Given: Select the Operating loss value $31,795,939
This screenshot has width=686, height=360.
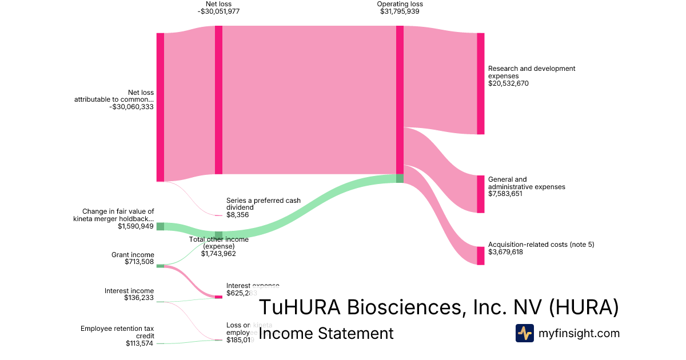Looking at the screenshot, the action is [400, 11].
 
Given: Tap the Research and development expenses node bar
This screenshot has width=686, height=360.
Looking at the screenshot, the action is [480, 83].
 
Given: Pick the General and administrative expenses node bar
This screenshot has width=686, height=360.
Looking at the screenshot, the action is [480, 194].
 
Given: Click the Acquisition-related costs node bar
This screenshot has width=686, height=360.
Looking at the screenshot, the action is [480, 255].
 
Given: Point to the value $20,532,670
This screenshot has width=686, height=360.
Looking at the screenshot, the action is [509, 83].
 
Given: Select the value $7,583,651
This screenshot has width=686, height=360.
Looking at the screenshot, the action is [505, 194].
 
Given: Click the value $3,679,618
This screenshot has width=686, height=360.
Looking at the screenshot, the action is [505, 252].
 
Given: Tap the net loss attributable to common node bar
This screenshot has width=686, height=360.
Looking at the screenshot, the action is [160, 107].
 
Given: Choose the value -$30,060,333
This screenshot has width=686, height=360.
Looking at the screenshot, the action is [131, 107].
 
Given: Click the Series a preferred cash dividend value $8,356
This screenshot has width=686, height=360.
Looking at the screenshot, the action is [237, 215].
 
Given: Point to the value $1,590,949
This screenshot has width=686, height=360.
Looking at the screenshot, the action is [136, 226].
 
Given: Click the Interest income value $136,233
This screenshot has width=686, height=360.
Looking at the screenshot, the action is [139, 298].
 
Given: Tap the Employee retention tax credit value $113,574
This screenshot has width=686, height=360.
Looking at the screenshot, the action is [139, 343].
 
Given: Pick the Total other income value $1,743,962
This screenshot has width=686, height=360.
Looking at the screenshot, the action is [218, 254].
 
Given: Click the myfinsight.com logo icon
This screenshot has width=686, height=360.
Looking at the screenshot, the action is [524, 333].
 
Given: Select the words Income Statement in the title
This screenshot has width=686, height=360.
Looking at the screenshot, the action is [326, 334].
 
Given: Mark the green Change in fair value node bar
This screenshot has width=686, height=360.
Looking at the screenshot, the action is [160, 226].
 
